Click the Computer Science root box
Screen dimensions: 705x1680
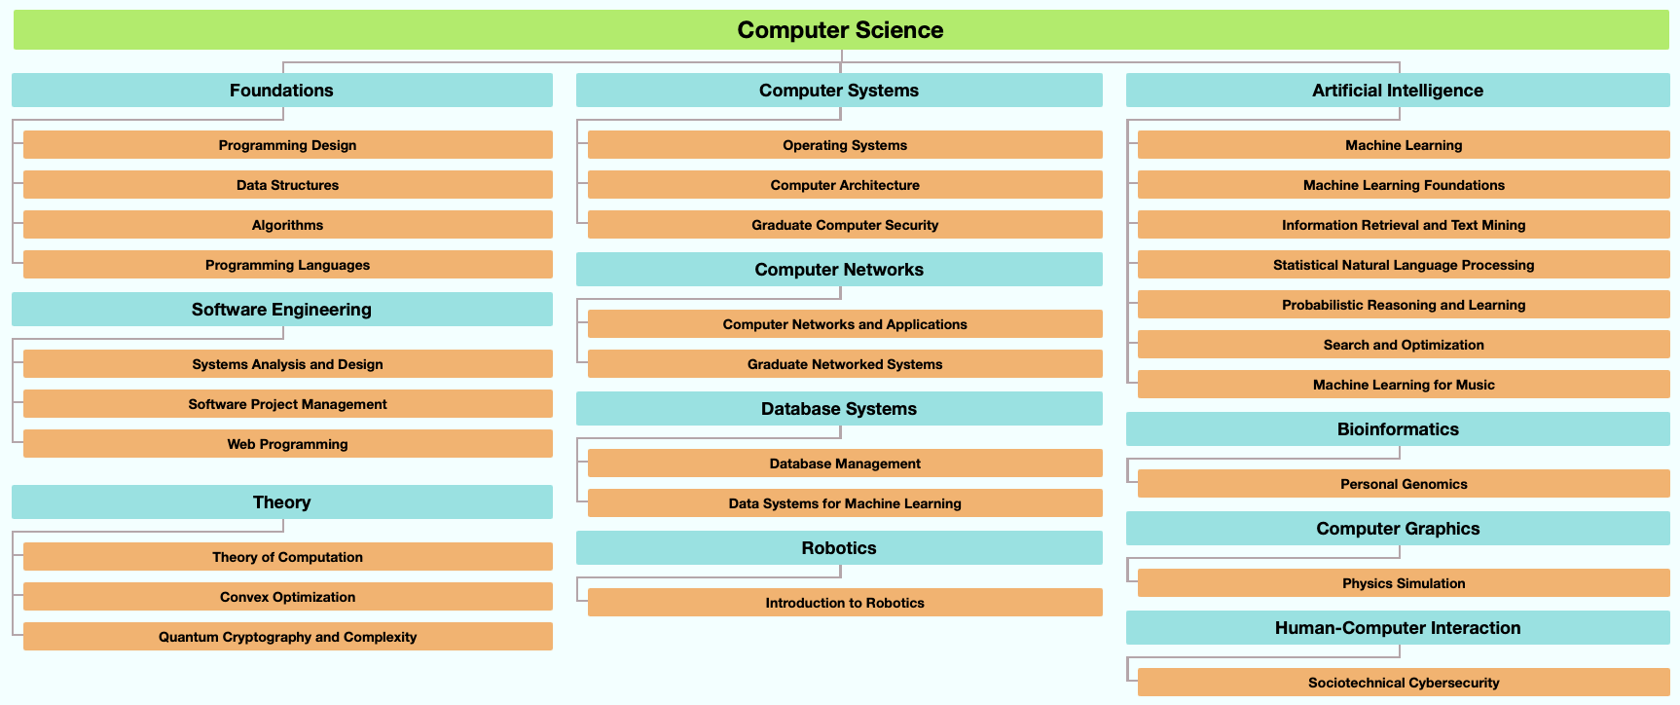coord(840,30)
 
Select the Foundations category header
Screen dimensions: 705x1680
coord(281,91)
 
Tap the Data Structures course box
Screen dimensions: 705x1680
coord(287,185)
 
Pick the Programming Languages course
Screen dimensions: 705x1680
coord(287,265)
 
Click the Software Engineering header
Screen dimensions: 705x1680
coord(281,310)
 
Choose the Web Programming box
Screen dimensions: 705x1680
coord(287,444)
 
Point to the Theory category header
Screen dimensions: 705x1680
coord(281,502)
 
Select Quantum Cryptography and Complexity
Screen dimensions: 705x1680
coord(287,637)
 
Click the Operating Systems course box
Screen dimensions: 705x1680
coord(844,145)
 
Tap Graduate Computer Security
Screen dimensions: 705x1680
coord(844,225)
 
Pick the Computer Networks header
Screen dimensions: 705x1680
coord(839,270)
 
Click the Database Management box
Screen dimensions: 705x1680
coord(844,464)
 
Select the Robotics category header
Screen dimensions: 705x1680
coord(839,548)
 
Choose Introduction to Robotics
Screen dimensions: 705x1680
coord(844,603)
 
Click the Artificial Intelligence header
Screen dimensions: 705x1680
coord(1398,91)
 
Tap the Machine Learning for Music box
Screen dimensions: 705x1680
coord(1403,385)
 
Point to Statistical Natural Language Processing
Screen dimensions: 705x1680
coord(1403,265)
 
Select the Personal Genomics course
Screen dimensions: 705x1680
coord(1403,484)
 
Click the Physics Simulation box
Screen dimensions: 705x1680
coord(1403,583)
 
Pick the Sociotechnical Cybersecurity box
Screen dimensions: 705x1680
coord(1403,683)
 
